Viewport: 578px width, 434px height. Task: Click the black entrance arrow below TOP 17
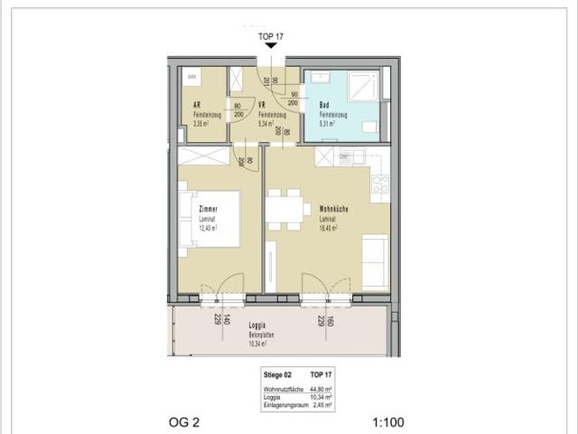[270, 57]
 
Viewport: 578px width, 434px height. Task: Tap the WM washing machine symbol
[191, 79]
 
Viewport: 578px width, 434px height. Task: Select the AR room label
[197, 105]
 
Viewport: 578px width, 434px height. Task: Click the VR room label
[261, 105]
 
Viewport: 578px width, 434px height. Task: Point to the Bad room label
[324, 105]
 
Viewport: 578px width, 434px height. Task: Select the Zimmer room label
[210, 209]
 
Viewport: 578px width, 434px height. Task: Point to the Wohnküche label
[334, 209]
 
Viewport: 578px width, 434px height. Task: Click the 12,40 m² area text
[209, 228]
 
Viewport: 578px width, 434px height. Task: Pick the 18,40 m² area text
[328, 228]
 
